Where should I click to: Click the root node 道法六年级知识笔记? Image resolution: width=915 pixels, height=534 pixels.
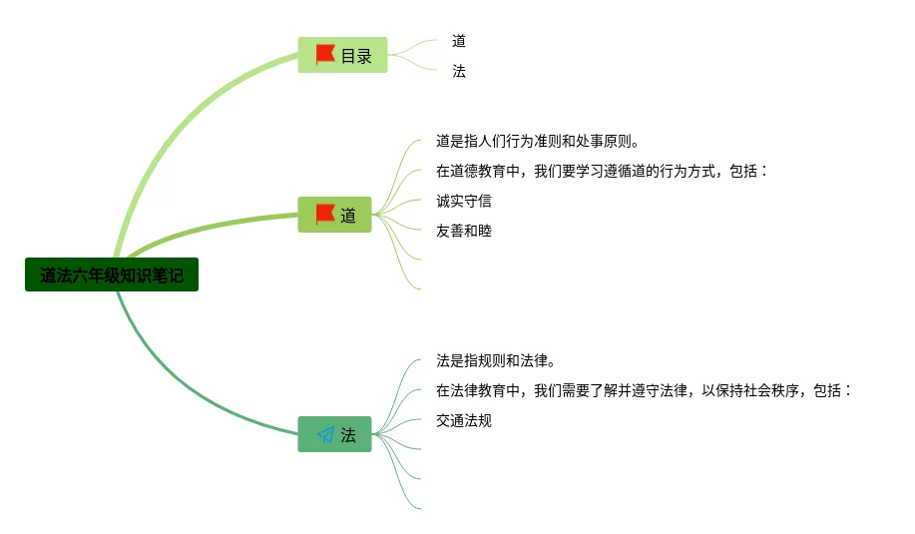click(112, 275)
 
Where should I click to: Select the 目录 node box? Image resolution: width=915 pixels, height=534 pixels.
click(342, 55)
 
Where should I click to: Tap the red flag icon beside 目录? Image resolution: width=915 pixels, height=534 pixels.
click(325, 55)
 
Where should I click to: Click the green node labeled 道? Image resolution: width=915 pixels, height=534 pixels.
click(335, 215)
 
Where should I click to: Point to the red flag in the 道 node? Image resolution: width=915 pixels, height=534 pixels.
click(325, 215)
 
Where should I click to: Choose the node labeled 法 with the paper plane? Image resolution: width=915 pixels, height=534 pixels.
click(335, 434)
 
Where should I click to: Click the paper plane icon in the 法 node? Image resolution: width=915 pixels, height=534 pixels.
click(325, 434)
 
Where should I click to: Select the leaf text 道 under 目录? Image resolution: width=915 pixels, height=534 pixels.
click(459, 41)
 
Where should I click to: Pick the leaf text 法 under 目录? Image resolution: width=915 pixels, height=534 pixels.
click(459, 71)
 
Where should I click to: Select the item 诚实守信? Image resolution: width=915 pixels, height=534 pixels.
click(464, 201)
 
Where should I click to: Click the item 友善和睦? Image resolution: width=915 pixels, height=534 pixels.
click(464, 231)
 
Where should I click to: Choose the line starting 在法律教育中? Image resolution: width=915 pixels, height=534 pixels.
click(644, 390)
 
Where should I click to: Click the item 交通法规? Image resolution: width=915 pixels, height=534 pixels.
click(464, 420)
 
